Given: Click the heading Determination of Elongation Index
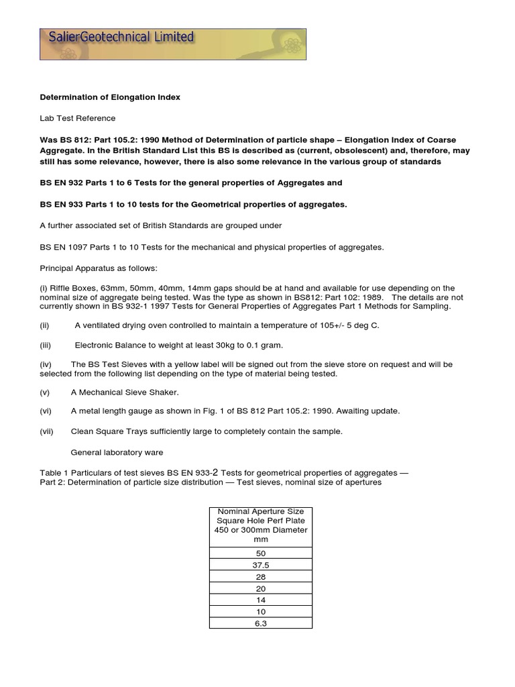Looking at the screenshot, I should [110, 97].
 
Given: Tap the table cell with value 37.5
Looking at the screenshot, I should [261, 564].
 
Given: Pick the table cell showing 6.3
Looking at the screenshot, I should [261, 623].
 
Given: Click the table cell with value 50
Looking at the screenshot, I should [261, 553].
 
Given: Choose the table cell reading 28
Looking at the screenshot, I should [261, 576].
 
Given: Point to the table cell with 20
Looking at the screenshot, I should [261, 588].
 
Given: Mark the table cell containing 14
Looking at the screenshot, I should [261, 600].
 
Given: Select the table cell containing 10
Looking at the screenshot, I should [261, 612].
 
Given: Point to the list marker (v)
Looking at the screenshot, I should [44, 392].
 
